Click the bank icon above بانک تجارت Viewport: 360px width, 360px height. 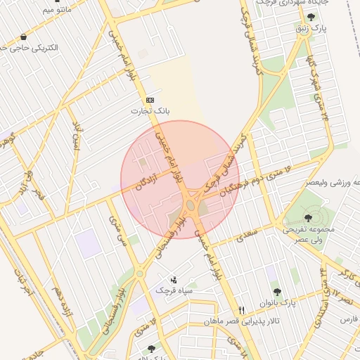tap(150, 101)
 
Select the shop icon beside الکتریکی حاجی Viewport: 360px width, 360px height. tap(25, 37)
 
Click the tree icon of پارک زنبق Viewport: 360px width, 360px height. tap(311, 17)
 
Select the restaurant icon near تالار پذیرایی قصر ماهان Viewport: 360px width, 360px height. tap(242, 310)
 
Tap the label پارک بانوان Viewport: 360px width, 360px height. tap(276, 302)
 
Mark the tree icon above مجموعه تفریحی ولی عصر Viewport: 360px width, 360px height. tap(309, 217)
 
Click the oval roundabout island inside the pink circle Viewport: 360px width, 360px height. tap(191, 206)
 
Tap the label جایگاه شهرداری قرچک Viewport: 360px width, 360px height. tap(271, 4)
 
